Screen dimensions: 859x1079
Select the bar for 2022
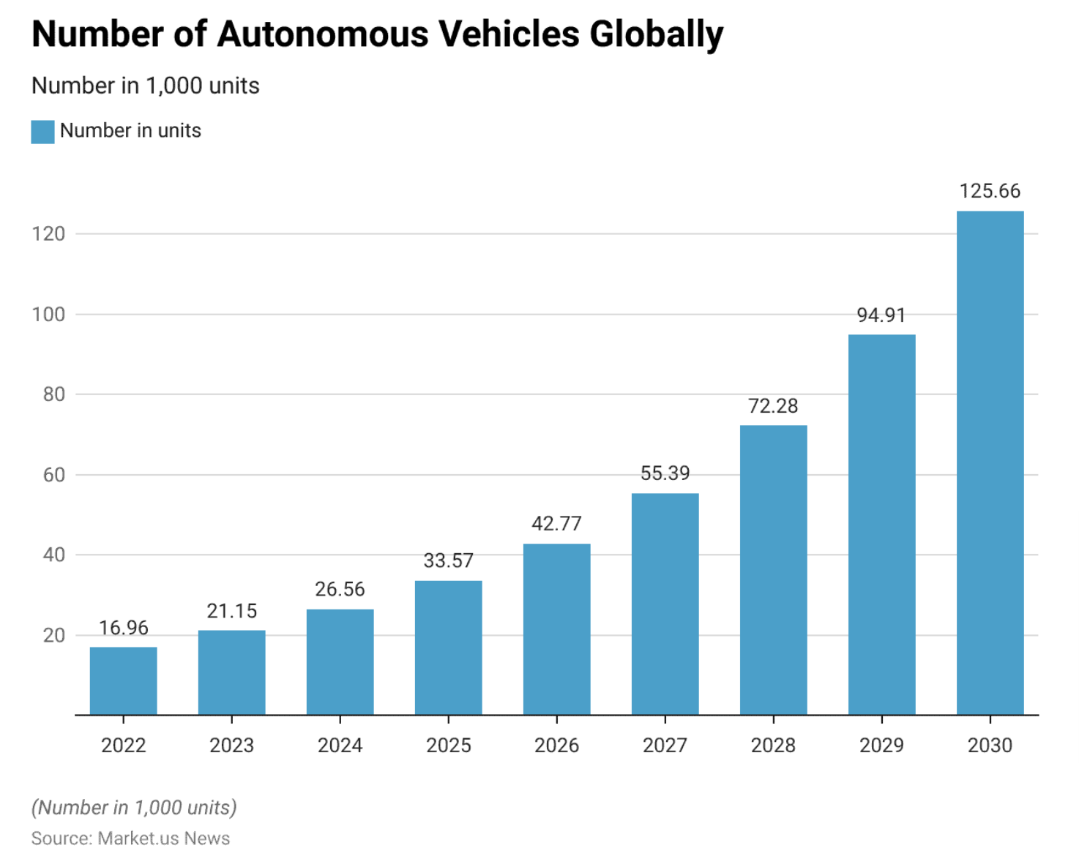pos(123,680)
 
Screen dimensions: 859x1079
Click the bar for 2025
pos(448,648)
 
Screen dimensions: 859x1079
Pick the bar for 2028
pos(773,570)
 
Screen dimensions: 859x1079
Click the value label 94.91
pos(881,315)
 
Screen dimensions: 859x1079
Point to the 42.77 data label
pos(556,524)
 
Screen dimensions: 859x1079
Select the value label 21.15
pos(232,611)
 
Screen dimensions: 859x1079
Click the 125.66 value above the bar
pos(990,191)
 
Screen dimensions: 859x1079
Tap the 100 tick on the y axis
pos(48,315)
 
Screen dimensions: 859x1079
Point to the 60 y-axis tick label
pos(54,475)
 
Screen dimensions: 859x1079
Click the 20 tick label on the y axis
pos(54,635)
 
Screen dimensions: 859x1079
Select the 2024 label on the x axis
pos(340,746)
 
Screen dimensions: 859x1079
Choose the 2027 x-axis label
pos(665,746)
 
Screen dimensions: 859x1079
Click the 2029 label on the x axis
pos(881,746)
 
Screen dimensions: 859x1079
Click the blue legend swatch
pos(42,132)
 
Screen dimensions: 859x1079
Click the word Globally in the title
pos(656,34)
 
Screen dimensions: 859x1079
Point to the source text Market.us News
pos(164,839)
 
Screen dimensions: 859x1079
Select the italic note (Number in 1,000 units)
pos(134,808)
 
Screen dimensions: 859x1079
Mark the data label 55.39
pos(665,473)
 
